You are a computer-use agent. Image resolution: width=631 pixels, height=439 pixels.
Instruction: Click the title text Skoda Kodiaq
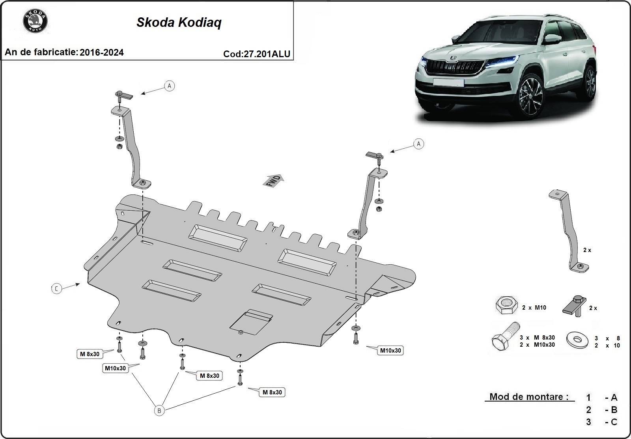click(x=179, y=22)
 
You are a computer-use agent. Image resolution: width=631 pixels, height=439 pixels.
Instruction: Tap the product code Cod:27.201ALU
click(x=257, y=54)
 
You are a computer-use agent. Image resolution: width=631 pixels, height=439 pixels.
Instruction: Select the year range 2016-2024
click(x=101, y=52)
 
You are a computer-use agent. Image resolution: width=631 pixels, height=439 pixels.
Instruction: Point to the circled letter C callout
click(x=56, y=289)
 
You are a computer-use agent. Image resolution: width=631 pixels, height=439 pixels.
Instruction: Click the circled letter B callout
click(x=159, y=411)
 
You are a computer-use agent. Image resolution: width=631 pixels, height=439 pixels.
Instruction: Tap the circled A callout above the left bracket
click(x=169, y=86)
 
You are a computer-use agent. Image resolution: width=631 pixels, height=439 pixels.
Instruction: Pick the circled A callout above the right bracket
click(x=418, y=144)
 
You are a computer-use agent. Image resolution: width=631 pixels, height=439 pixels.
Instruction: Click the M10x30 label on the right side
click(x=390, y=350)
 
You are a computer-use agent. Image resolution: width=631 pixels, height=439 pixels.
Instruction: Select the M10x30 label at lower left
click(x=115, y=368)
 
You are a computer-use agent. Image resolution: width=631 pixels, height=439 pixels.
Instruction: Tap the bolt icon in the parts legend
click(x=504, y=338)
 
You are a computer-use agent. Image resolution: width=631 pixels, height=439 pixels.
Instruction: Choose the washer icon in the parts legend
click(x=576, y=340)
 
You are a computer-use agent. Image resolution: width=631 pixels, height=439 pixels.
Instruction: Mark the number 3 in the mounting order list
click(x=588, y=422)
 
